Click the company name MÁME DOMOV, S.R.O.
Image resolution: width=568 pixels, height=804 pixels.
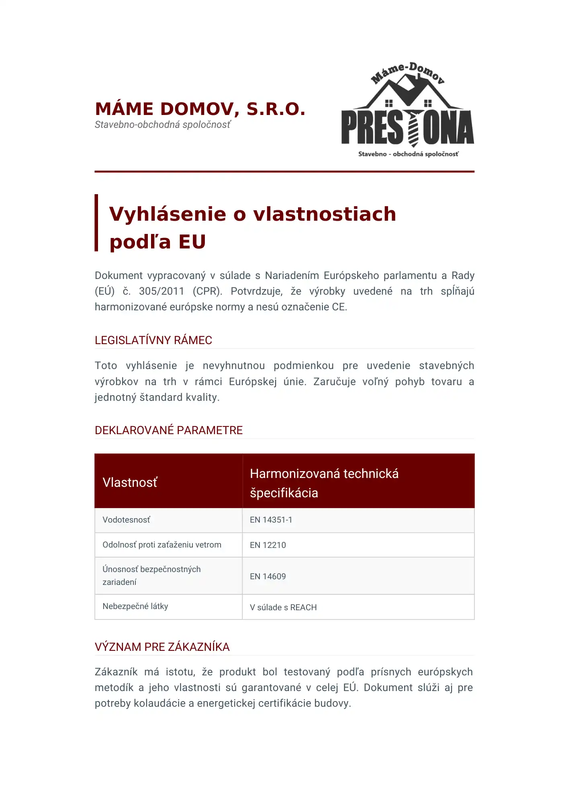[x=200, y=109]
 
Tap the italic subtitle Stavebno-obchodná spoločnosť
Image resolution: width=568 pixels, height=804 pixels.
[x=163, y=125]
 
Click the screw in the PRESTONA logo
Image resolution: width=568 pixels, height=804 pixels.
[x=413, y=127]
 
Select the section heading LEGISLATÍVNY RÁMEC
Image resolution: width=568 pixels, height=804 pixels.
[x=153, y=340]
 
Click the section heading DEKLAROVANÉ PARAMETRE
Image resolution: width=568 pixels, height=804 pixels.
[x=168, y=430]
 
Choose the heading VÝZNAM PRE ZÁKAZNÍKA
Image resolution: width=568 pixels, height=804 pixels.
[x=162, y=647]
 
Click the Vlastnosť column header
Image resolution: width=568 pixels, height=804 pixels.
[x=130, y=482]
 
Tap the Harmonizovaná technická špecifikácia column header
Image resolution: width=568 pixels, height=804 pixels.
[x=324, y=483]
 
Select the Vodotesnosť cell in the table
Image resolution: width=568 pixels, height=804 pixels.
[x=126, y=520]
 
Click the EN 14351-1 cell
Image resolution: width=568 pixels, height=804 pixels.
[x=271, y=520]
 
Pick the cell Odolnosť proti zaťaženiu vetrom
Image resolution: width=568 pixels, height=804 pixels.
[x=161, y=545]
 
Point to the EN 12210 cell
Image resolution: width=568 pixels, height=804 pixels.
[x=268, y=545]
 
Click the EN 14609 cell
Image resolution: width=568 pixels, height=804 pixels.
[x=268, y=576]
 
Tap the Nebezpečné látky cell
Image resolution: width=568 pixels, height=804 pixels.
[x=135, y=606]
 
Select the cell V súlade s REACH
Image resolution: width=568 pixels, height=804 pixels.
[x=283, y=607]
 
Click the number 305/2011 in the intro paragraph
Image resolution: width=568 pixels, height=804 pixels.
[x=161, y=291]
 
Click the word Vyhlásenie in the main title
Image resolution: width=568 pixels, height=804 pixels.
[x=168, y=214]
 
